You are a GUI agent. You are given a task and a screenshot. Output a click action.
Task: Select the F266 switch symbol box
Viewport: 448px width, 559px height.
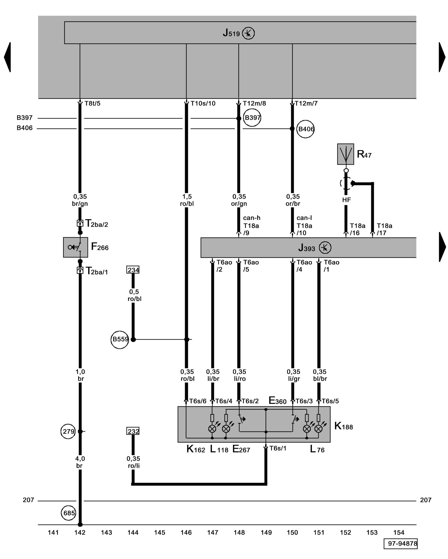point(75,247)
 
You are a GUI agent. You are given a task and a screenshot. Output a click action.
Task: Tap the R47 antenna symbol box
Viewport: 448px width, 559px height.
point(346,154)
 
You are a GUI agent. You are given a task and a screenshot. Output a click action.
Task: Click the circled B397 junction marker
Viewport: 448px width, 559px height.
point(252,118)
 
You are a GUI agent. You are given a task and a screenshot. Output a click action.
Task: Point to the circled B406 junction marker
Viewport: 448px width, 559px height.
point(305,129)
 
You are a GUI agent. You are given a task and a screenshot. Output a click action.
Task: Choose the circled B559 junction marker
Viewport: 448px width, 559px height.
point(120,339)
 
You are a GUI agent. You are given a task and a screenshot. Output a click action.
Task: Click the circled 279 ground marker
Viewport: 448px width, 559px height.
point(68,431)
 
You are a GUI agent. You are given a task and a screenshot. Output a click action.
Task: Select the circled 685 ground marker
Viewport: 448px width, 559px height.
point(69,513)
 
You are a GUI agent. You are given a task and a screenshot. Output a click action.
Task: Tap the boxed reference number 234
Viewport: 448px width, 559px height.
point(133,270)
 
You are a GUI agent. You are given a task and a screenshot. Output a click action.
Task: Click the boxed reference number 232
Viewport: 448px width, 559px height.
point(133,431)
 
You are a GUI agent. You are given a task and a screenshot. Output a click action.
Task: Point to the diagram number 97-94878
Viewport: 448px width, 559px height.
point(400,543)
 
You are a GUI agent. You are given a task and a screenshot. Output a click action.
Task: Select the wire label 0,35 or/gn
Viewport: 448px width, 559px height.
point(239,200)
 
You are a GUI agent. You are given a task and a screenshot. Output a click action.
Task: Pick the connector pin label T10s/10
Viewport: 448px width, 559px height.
point(203,103)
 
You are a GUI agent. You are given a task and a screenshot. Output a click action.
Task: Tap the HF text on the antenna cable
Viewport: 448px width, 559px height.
point(346,200)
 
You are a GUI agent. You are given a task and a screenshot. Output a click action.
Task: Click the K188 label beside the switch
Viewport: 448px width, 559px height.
point(344,426)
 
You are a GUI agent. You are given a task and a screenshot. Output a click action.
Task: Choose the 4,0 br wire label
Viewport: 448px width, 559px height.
point(80,462)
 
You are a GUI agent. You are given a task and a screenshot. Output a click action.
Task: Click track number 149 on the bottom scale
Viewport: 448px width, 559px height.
point(266,532)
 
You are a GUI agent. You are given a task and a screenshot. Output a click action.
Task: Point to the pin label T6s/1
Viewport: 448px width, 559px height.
point(278,448)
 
